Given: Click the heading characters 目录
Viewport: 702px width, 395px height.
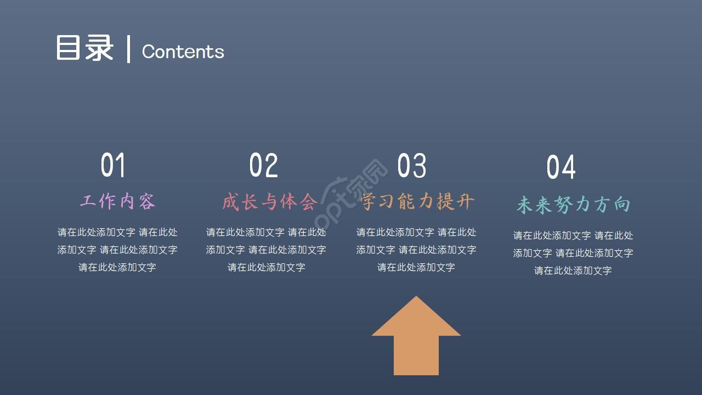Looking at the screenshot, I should click(84, 48).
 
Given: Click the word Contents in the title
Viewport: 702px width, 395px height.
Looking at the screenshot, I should click(183, 52).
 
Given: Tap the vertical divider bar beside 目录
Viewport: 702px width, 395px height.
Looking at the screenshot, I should click(129, 49).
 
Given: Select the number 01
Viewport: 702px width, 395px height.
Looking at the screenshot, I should click(114, 165).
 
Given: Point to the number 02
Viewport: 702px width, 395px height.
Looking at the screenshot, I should click(264, 165).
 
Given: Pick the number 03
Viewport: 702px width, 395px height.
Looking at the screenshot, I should click(412, 165).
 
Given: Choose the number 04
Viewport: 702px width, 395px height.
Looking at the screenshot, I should click(561, 167).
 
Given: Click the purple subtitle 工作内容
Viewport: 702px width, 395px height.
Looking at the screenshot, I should click(117, 201).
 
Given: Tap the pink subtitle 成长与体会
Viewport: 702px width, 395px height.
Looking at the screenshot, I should click(269, 202).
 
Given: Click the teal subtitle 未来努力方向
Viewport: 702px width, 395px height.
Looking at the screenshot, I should click(573, 205).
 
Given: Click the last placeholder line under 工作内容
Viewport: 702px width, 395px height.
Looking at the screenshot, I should click(117, 267).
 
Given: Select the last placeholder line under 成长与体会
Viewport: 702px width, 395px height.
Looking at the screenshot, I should click(267, 267).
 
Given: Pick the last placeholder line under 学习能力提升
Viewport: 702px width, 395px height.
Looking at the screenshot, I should click(416, 267).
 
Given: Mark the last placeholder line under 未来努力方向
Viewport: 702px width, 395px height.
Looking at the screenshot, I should click(573, 270).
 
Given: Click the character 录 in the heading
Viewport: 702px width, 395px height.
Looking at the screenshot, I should click(99, 48).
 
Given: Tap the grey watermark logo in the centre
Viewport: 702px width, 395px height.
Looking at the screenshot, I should click(354, 195).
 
